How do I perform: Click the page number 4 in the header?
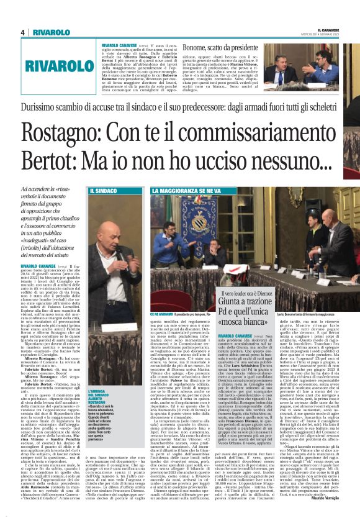point(23,32)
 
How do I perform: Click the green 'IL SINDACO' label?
point(103,191)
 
